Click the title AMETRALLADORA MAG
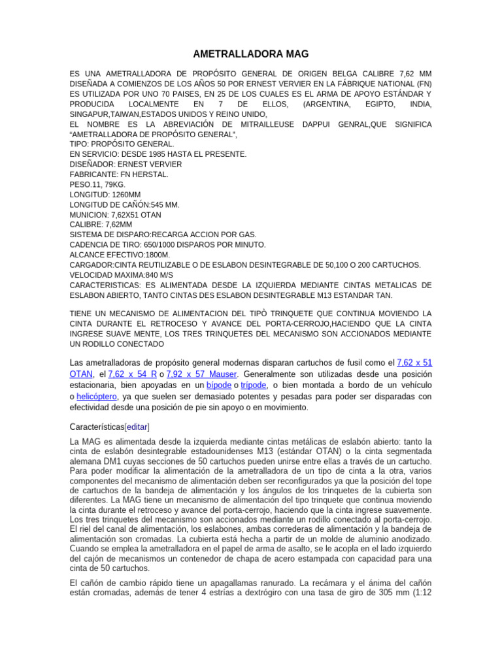point(251,54)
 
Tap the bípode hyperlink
point(218,385)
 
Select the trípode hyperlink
point(254,385)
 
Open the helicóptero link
point(97,396)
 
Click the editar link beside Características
point(137,427)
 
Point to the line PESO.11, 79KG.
point(98,185)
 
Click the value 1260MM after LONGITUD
point(127,195)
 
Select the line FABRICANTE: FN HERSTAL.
point(119,174)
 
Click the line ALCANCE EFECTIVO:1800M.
point(120,255)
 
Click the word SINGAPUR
point(90,114)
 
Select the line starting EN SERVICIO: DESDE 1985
point(158,154)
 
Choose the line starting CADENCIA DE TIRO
point(168,245)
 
